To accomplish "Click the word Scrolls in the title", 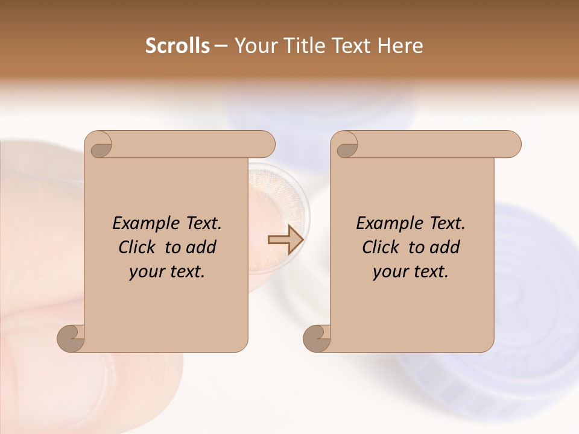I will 177,46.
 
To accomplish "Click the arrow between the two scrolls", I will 285,240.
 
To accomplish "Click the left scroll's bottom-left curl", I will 71,338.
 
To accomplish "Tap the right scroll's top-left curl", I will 346,145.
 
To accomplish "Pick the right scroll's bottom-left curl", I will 317,338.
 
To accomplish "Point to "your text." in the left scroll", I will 166,272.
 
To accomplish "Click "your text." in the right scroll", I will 410,272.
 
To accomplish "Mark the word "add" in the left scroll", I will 200,247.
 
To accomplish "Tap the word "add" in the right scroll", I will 443,247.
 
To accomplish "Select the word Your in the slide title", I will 256,46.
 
